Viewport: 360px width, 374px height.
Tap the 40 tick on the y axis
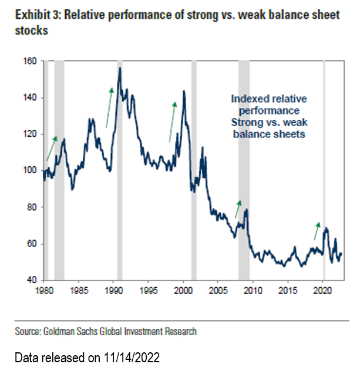(x=30, y=281)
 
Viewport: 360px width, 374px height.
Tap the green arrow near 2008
(x=238, y=208)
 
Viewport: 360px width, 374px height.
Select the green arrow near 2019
(x=317, y=231)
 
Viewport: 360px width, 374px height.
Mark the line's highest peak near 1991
(x=120, y=68)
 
